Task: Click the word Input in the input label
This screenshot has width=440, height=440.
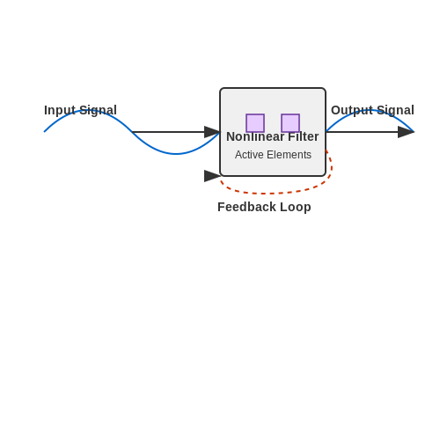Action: click(60, 111)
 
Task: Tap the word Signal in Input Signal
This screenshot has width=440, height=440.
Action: click(98, 111)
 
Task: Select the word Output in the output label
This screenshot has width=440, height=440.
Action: click(352, 111)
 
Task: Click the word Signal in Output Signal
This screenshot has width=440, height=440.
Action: click(395, 111)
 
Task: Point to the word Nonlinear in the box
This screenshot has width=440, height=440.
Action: click(255, 136)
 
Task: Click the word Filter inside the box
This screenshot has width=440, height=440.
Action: click(304, 136)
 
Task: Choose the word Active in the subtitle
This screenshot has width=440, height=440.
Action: click(249, 155)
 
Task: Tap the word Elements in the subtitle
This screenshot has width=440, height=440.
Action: click(289, 155)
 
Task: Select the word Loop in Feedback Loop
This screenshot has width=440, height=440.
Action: click(296, 207)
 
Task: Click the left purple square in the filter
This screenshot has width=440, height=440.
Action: click(255, 123)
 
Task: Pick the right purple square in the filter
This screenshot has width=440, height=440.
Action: click(290, 123)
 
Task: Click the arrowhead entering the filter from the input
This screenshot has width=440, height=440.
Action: click(212, 132)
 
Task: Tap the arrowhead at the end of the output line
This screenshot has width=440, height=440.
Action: click(406, 132)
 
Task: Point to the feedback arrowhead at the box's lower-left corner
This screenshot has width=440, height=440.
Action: click(212, 176)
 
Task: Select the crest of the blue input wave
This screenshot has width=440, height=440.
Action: click(88, 111)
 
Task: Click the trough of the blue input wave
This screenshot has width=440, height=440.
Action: click(176, 153)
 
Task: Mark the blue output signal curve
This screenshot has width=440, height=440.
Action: click(370, 111)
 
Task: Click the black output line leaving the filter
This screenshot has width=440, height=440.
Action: click(362, 132)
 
